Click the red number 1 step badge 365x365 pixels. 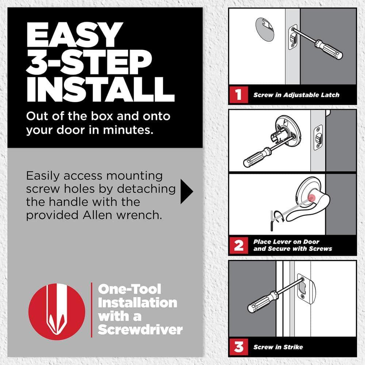coord(238,95)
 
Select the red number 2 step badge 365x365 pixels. coord(238,245)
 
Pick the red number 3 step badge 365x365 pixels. coord(238,347)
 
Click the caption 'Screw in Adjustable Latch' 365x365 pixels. coord(296,95)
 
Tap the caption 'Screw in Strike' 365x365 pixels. coord(278,347)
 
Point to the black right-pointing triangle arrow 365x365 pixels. coord(186,191)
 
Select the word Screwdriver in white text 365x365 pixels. coord(140,330)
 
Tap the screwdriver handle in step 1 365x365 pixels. coord(329,50)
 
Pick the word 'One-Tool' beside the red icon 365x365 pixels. coord(130,289)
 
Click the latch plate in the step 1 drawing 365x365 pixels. coord(293,37)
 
